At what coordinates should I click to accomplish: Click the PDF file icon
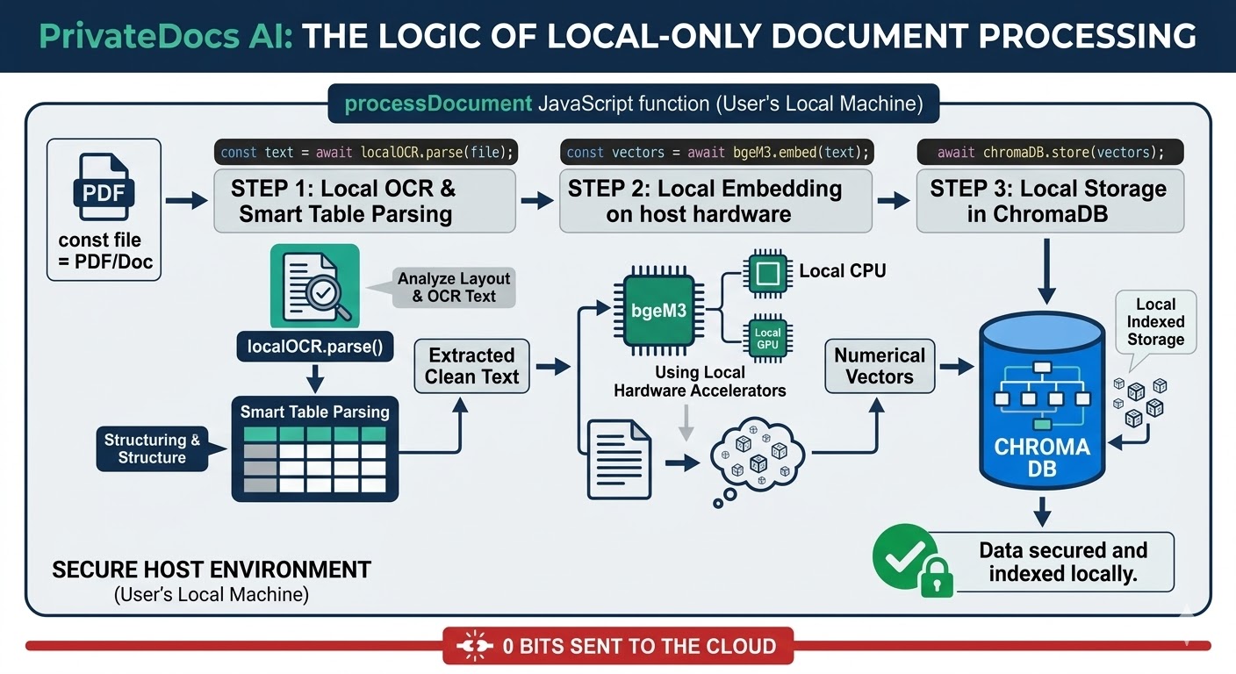click(104, 187)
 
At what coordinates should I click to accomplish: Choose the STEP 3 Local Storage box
click(1049, 201)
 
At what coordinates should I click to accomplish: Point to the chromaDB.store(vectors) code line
click(1050, 152)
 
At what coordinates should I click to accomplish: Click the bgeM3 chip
click(658, 310)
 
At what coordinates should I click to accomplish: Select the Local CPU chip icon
click(767, 272)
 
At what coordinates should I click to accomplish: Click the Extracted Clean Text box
click(471, 366)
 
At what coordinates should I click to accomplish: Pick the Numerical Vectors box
click(879, 366)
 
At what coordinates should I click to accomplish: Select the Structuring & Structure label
click(152, 448)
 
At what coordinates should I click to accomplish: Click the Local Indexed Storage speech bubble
click(1155, 322)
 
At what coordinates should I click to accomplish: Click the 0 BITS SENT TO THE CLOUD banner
click(618, 647)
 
